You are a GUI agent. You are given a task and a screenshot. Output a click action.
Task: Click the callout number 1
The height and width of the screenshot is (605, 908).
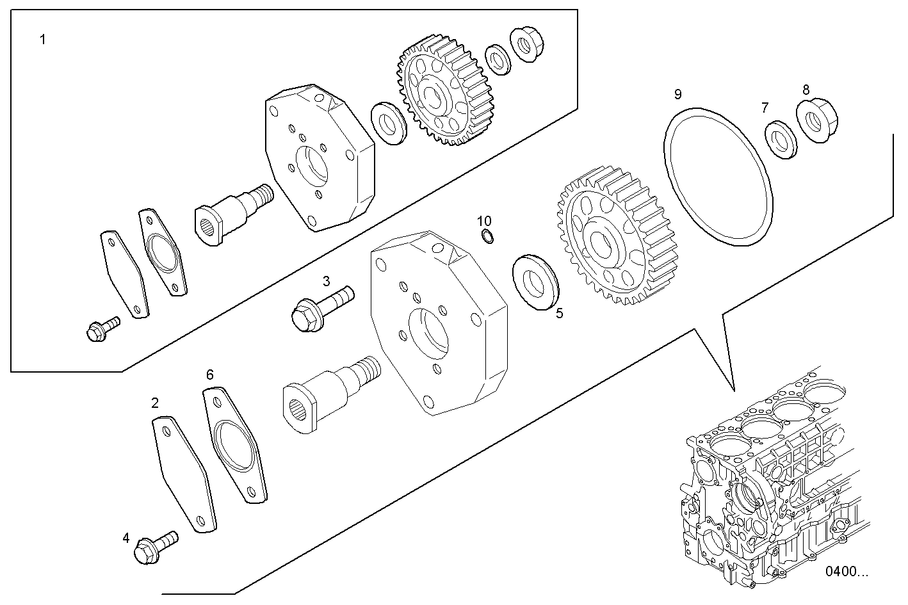42,40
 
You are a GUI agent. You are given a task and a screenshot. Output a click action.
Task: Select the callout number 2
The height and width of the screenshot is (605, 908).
155,403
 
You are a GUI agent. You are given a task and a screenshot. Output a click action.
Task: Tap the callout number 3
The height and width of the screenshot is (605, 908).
326,280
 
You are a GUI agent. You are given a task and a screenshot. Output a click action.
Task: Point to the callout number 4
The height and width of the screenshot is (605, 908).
126,538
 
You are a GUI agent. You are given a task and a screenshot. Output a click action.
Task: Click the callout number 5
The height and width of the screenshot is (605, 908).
559,314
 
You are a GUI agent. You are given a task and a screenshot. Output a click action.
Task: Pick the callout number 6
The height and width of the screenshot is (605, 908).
209,375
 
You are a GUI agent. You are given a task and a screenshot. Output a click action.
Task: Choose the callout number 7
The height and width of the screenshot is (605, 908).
765,108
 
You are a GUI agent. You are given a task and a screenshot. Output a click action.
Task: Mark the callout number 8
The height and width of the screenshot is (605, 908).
806,90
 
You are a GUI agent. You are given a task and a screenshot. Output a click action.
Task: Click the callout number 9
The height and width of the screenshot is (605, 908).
677,95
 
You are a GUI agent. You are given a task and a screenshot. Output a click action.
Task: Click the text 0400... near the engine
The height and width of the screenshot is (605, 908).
847,571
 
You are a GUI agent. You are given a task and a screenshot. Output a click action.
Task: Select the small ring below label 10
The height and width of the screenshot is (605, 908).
487,237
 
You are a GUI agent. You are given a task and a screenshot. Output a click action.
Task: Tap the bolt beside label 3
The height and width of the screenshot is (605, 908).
320,307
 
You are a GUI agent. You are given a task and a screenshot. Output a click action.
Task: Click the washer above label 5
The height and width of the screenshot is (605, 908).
536,281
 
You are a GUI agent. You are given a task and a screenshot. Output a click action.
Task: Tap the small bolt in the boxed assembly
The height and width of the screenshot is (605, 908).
101,327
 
